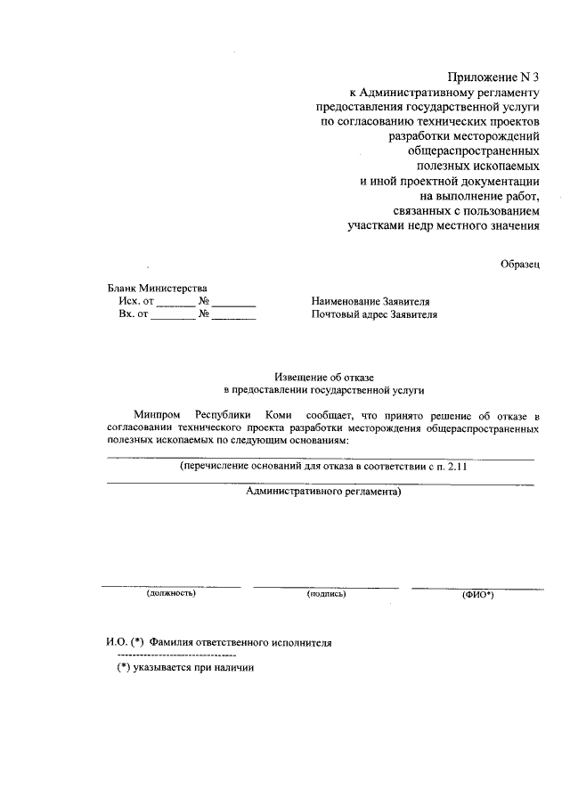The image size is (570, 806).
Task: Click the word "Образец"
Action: pos(518,265)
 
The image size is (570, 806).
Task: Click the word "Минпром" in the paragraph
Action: pos(157,415)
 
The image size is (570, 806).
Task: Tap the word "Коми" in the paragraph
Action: pos(268,415)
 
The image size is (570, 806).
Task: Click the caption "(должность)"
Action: pos(171,593)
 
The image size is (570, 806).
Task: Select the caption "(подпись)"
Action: pos(326,593)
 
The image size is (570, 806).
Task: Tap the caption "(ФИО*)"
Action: pos(477,594)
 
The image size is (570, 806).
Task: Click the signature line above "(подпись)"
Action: pos(326,587)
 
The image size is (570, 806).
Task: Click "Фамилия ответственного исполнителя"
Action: pos(240,642)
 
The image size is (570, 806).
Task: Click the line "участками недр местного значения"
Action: pos(444,226)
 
